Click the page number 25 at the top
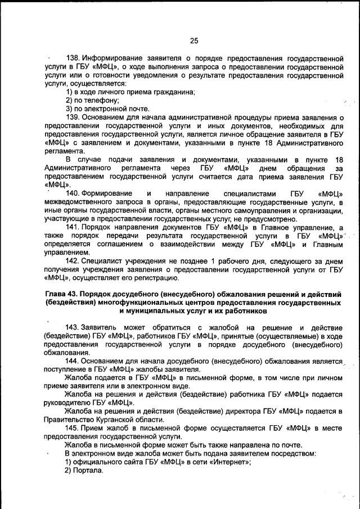194,40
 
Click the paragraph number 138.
74,58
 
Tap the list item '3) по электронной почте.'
100,109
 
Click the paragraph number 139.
74,117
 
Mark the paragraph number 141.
74,227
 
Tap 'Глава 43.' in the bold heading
61,294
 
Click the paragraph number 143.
74,327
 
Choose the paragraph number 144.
74,361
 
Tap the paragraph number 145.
74,428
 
